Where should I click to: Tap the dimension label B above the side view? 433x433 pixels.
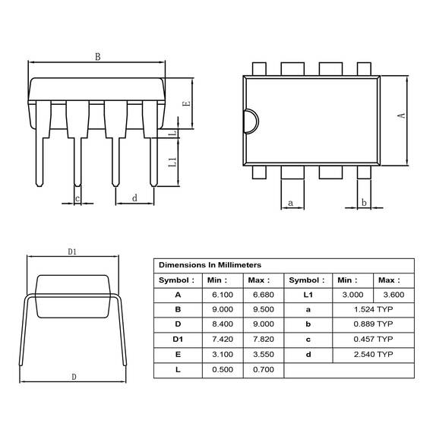click(98, 57)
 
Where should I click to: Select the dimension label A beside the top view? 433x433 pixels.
click(402, 115)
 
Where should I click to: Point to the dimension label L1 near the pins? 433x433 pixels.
click(172, 162)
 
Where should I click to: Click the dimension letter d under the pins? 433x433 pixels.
click(134, 198)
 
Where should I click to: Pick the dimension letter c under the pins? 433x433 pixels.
click(77, 198)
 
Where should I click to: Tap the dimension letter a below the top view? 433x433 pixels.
click(290, 204)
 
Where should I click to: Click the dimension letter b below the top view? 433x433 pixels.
click(364, 202)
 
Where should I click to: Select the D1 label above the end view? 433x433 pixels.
click(72, 252)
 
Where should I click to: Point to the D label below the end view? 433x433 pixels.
click(74, 377)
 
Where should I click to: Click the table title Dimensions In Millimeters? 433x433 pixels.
click(210, 265)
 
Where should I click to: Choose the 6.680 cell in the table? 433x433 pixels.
click(264, 295)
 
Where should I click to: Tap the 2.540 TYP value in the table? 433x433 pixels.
click(373, 354)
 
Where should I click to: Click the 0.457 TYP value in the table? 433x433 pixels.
click(373, 339)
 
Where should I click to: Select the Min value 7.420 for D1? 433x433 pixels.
click(223, 339)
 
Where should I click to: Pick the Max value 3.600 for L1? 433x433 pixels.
click(393, 295)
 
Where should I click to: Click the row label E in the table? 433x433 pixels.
click(178, 354)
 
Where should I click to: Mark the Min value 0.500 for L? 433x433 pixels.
click(223, 369)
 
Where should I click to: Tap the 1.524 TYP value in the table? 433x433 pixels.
click(373, 309)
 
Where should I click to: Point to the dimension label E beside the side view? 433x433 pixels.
click(187, 104)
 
